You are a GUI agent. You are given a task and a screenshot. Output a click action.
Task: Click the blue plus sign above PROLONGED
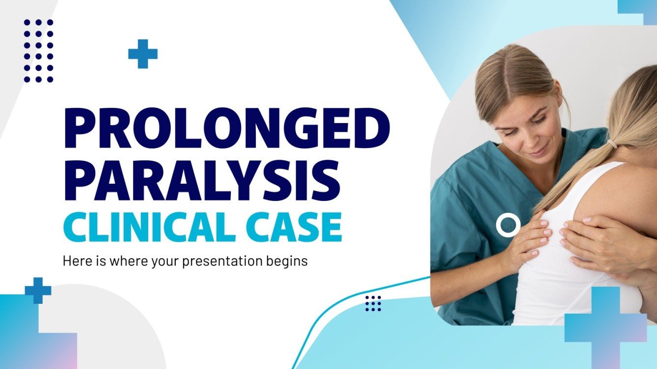pyautogui.click(x=143, y=53)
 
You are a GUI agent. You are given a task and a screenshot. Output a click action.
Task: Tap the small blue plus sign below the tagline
pyautogui.click(x=38, y=291)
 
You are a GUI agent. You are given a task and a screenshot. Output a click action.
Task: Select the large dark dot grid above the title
pyautogui.click(x=38, y=50)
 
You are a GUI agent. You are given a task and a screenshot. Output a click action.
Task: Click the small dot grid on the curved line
pyautogui.click(x=373, y=303)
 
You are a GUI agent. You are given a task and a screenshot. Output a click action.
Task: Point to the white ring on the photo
pyautogui.click(x=508, y=225)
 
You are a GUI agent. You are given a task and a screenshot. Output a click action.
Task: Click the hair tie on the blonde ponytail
pyautogui.click(x=611, y=144)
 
